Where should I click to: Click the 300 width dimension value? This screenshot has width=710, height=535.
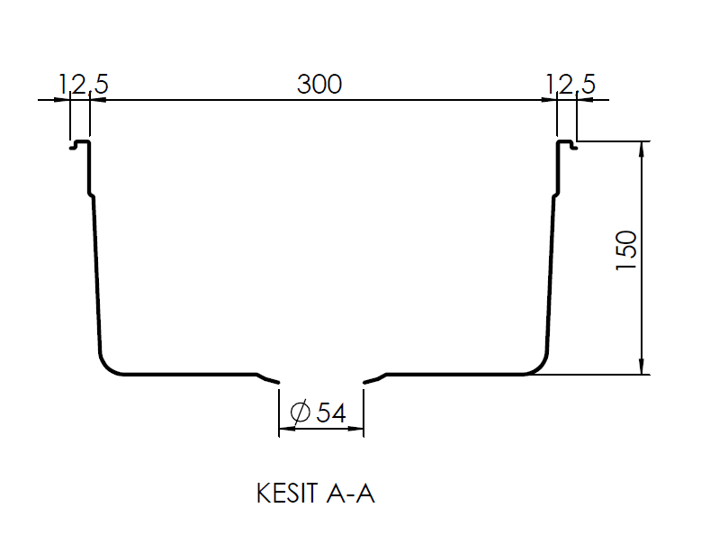pyautogui.click(x=319, y=85)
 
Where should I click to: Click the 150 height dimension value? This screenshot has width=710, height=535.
pyautogui.click(x=626, y=250)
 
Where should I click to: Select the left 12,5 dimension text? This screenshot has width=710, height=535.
pyautogui.click(x=84, y=85)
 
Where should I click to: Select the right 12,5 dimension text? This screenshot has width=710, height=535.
pyautogui.click(x=571, y=85)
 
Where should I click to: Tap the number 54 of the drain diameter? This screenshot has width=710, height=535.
pyautogui.click(x=331, y=413)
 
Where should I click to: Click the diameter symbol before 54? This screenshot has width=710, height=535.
pyautogui.click(x=301, y=413)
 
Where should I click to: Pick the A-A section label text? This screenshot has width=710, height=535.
pyautogui.click(x=350, y=494)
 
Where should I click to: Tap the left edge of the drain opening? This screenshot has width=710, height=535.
pyautogui.click(x=278, y=383)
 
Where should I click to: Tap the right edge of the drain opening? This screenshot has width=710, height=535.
pyautogui.click(x=364, y=383)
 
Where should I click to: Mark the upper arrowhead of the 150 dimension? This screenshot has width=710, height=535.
pyautogui.click(x=642, y=149)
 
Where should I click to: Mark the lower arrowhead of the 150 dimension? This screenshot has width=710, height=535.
pyautogui.click(x=642, y=367)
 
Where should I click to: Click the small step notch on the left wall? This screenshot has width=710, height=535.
pyautogui.click(x=91, y=195)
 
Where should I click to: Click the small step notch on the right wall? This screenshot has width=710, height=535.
pyautogui.click(x=555, y=195)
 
